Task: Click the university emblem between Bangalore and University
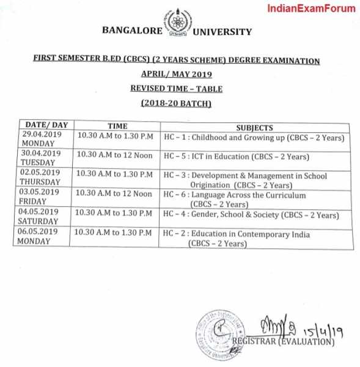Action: click(x=178, y=24)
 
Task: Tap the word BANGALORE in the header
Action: click(x=132, y=31)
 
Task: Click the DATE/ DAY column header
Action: click(x=43, y=125)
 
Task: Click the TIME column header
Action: click(x=113, y=126)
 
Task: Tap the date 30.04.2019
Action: click(x=42, y=153)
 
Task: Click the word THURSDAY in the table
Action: click(x=42, y=182)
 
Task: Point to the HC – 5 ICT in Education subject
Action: click(x=237, y=157)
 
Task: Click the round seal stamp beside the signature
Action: click(x=218, y=333)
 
